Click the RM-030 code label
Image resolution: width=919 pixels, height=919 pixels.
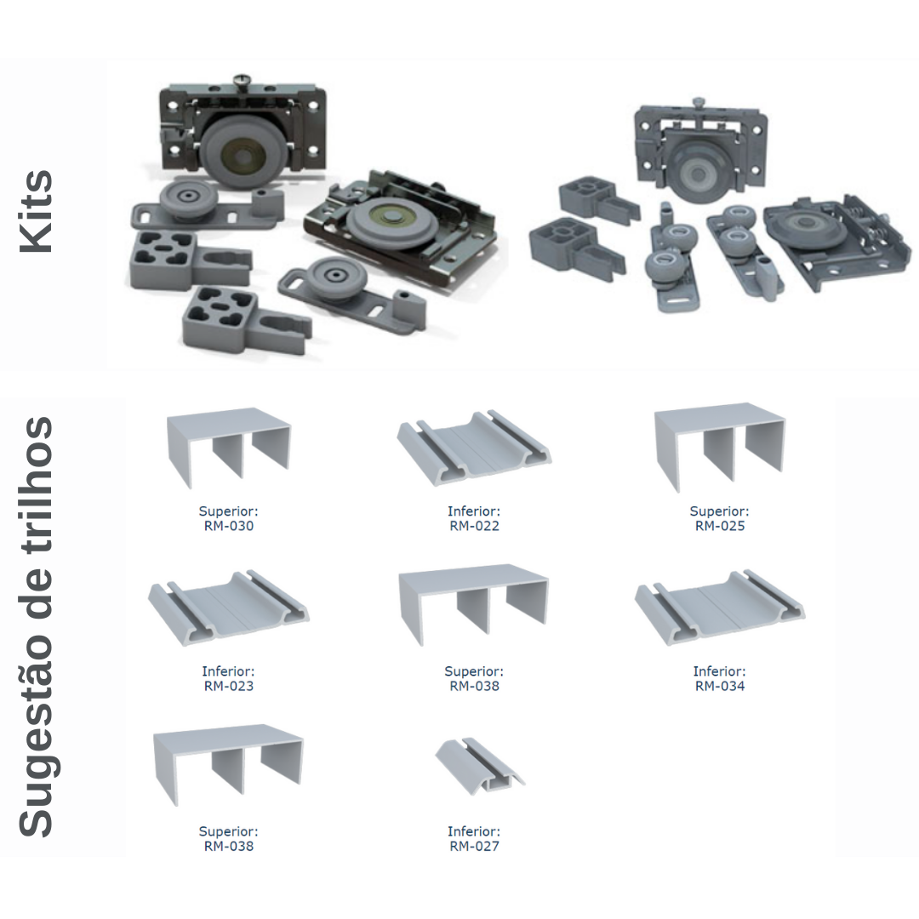[229, 526]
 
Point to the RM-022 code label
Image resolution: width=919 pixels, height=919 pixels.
[474, 526]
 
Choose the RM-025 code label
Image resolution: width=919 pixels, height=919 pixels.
[720, 526]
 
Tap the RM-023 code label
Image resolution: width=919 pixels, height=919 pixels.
[229, 686]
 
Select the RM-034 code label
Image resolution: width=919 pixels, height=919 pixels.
[720, 686]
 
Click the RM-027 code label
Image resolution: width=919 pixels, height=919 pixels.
[474, 846]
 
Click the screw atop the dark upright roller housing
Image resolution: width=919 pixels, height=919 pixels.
[242, 80]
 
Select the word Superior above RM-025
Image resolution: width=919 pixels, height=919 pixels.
[719, 511]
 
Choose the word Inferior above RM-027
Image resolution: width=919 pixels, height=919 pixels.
[474, 831]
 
